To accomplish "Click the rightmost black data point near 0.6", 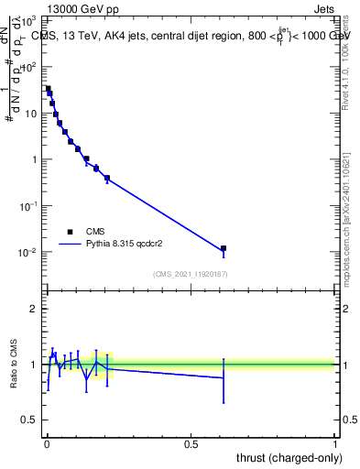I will click(x=223, y=248).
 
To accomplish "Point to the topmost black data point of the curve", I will click(x=48, y=89).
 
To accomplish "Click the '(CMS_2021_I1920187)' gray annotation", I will click(x=191, y=274).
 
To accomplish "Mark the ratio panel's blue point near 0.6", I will click(x=223, y=377).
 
